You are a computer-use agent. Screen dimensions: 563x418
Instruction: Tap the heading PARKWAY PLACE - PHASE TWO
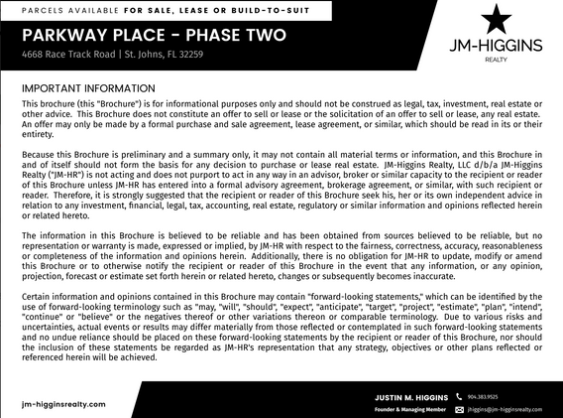[x=155, y=36]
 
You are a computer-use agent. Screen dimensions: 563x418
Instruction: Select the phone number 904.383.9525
[x=484, y=395]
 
